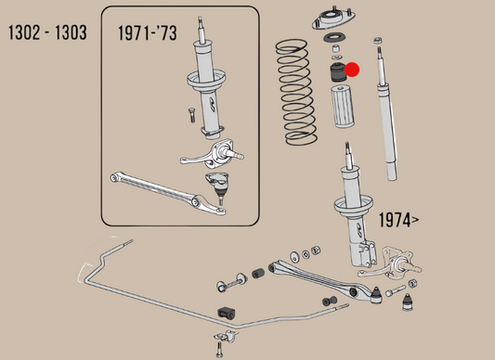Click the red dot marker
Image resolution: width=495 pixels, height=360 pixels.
pos(352,70)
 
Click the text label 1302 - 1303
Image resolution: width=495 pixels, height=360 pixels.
pos(47,33)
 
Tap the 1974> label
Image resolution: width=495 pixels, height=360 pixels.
pos(398,220)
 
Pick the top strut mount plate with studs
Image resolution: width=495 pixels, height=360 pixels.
pos(332,18)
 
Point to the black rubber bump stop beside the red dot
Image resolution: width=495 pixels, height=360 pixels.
pos(333,71)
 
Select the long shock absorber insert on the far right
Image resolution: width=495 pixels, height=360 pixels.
pos(385,121)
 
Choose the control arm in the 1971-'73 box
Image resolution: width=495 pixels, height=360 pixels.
pos(168,190)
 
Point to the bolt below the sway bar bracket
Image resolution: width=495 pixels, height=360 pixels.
pos(220,348)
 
